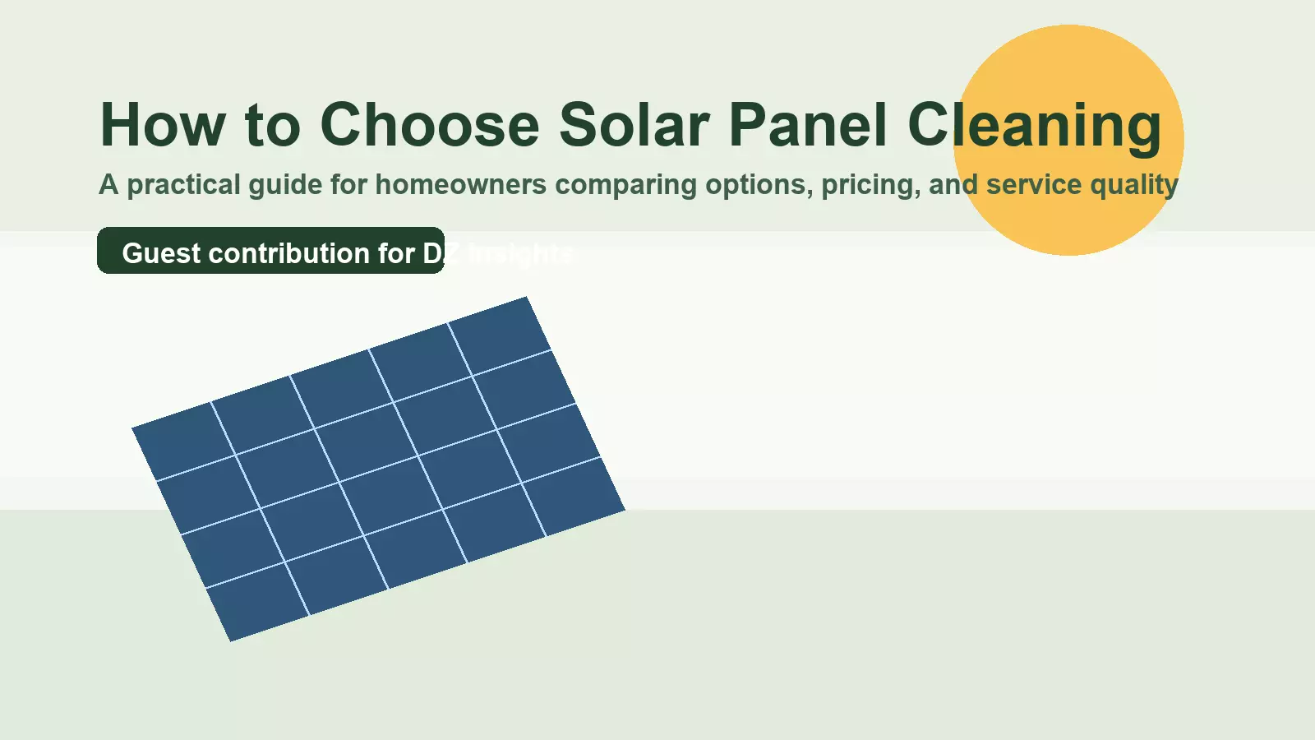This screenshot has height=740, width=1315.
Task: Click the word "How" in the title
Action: pyautogui.click(x=162, y=125)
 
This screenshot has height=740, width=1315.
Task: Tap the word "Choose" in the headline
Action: pyautogui.click(x=429, y=125)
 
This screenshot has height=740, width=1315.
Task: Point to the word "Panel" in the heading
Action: pyautogui.click(x=808, y=125)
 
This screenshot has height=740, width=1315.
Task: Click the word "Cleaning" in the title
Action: pyautogui.click(x=1034, y=125)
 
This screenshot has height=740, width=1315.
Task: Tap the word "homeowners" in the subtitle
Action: pyautogui.click(x=460, y=185)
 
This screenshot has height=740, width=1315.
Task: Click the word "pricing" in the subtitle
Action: pyautogui.click(x=870, y=185)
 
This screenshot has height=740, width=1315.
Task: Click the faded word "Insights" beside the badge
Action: pyautogui.click(x=519, y=253)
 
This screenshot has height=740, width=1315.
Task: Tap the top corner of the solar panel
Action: pyautogui.click(x=526, y=298)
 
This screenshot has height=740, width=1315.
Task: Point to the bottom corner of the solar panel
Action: pyautogui.click(x=231, y=640)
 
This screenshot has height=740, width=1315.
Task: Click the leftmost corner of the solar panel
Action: pyautogui.click(x=133, y=428)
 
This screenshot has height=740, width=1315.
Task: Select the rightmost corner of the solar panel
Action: pyautogui.click(x=624, y=510)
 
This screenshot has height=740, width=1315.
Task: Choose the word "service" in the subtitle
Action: pyautogui.click(x=1033, y=185)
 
